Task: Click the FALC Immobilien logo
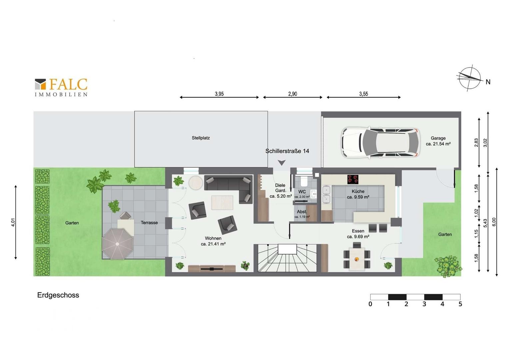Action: click(61, 87)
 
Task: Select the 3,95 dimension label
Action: click(219, 94)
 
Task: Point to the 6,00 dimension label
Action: click(494, 222)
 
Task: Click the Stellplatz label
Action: click(201, 138)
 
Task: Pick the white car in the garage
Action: click(380, 143)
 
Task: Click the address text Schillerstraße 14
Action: click(287, 151)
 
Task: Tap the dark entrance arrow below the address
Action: click(281, 163)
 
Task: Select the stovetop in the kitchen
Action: click(353, 179)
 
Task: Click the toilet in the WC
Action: click(304, 181)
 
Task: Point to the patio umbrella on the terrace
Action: click(117, 244)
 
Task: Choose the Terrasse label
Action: click(149, 223)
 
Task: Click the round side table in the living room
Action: click(196, 183)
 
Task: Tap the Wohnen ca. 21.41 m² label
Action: click(213, 241)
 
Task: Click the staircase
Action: click(287, 258)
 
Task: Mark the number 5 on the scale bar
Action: click(460, 304)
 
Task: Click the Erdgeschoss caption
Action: click(58, 295)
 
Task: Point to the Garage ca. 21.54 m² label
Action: click(438, 141)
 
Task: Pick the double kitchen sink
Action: click(326, 194)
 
